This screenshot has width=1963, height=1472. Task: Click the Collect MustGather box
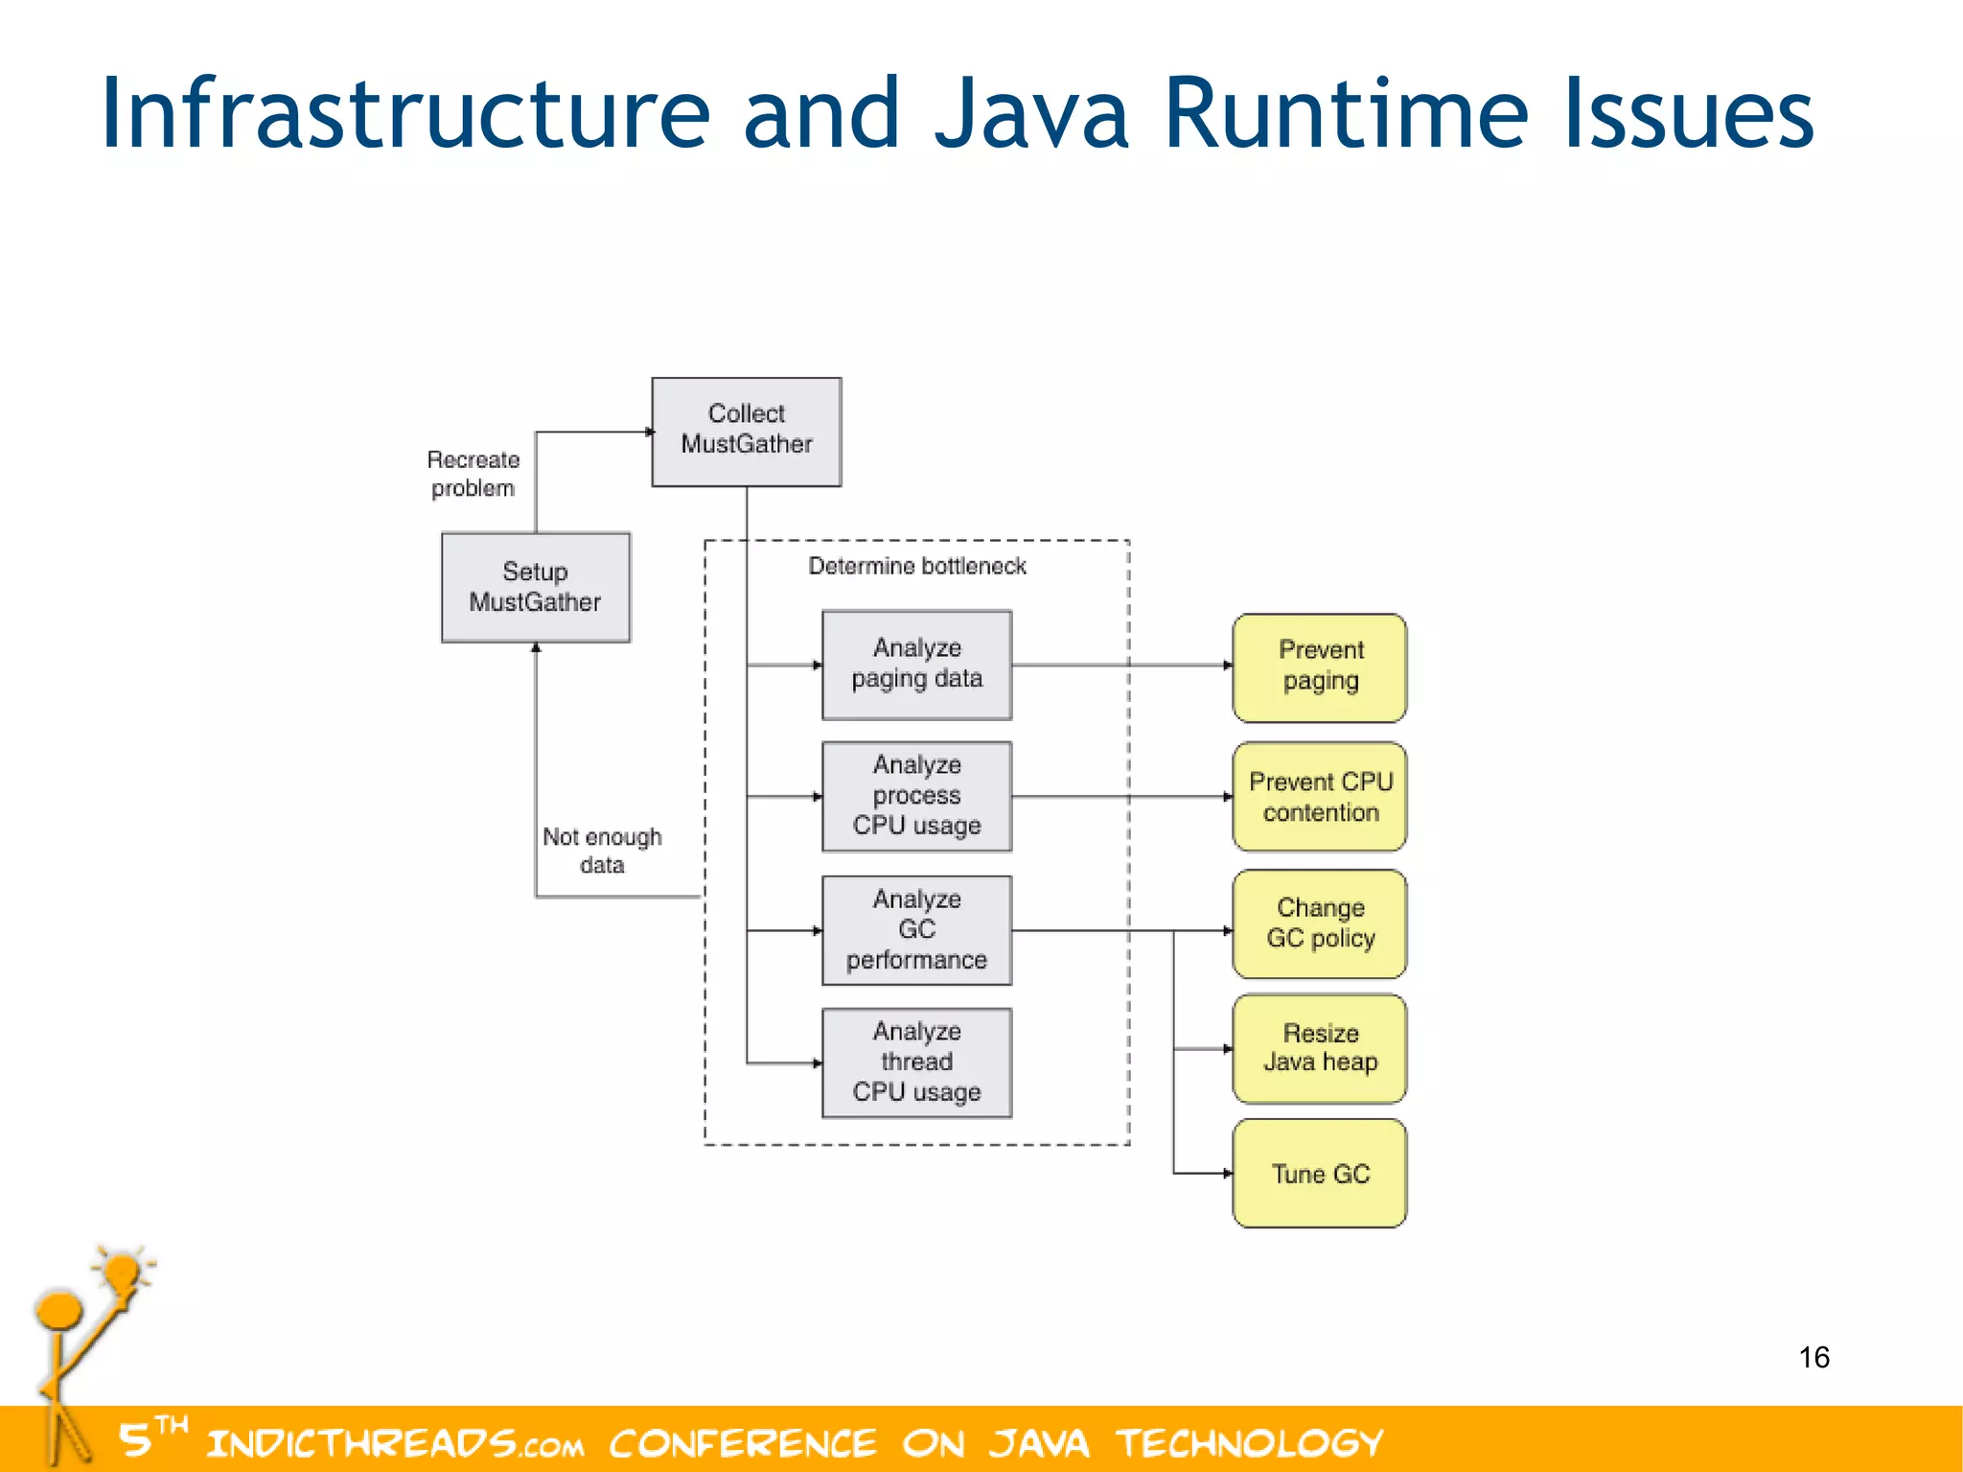coord(746,432)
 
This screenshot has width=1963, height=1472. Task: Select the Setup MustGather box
coord(535,587)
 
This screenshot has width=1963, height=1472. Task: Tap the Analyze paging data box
coord(916,664)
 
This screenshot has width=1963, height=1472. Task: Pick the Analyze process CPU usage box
coord(916,795)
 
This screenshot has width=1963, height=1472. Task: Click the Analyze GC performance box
coord(916,929)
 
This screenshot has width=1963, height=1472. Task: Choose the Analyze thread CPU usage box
coord(916,1062)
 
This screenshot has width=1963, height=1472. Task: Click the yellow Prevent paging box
coord(1319,666)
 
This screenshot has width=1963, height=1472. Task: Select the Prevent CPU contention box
coord(1319,796)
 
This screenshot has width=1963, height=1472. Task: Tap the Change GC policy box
coord(1319,923)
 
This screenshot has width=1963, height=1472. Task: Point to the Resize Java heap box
coord(1319,1047)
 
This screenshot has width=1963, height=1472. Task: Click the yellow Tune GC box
coord(1319,1173)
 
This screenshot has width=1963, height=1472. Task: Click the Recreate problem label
coord(473,474)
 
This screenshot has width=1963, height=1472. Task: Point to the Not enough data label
coord(602,850)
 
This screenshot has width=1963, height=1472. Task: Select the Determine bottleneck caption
coord(916,566)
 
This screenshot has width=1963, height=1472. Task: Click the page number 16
coord(1813,1357)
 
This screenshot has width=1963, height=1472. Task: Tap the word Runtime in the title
coord(1346,115)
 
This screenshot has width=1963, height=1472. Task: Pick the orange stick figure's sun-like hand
coord(122,1273)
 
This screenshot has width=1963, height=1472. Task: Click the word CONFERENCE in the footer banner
coord(743,1443)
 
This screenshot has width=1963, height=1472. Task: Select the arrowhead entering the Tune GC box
coord(1227,1173)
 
